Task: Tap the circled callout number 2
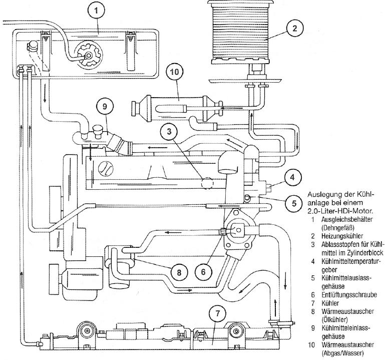[x=295, y=29]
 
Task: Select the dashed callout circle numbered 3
[x=170, y=132]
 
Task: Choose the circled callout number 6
[x=203, y=271]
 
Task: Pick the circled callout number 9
[x=105, y=106]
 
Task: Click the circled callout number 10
[x=174, y=72]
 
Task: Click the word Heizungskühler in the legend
[x=342, y=235]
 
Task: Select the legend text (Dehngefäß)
[x=338, y=227]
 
